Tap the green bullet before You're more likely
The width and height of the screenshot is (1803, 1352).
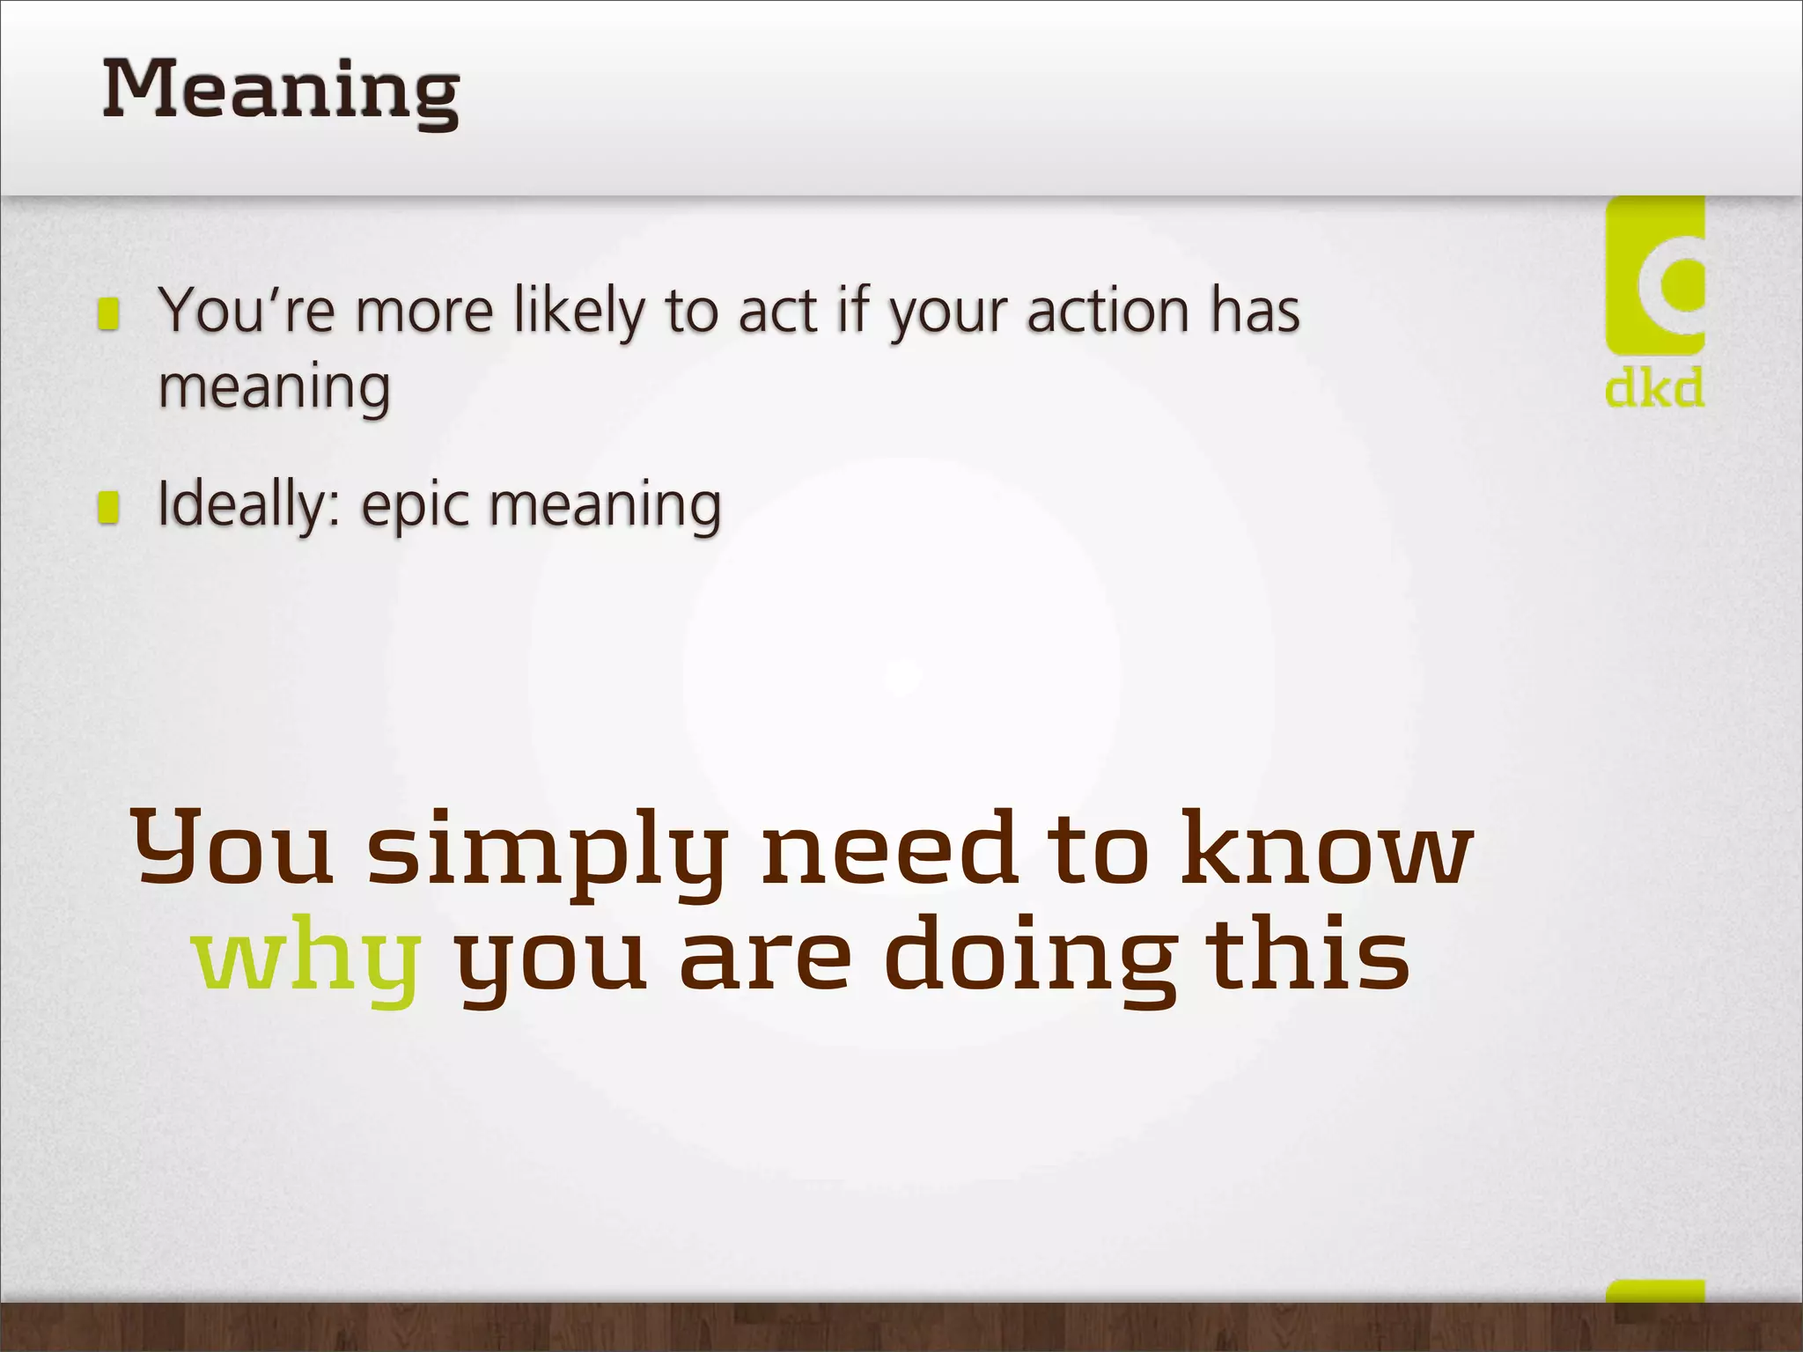tap(108, 313)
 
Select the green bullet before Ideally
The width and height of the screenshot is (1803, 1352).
tap(108, 507)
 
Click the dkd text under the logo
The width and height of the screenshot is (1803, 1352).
tap(1653, 388)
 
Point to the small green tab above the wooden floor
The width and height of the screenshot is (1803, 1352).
tap(1654, 1291)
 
